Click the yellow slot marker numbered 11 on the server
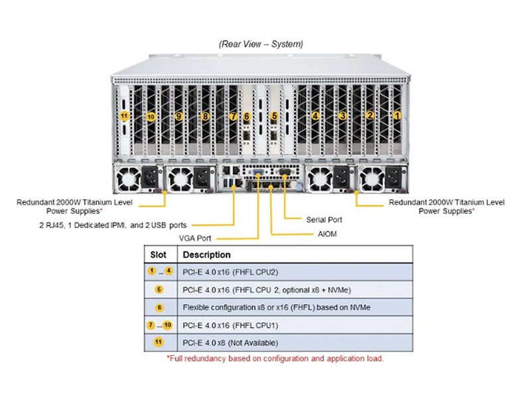pos(123,116)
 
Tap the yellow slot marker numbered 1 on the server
pos(398,115)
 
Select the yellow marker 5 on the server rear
pos(274,116)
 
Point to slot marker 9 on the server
pos(179,116)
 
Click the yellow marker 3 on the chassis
pos(342,116)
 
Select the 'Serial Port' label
pos(325,219)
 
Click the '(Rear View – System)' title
pos(261,44)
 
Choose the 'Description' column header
pos(206,255)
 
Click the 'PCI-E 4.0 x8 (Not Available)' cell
pos(230,342)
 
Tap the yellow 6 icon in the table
pos(159,307)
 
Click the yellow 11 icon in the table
pos(159,342)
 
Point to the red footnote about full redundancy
pos(275,358)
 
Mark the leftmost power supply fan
pos(127,179)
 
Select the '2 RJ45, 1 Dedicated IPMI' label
pos(112,224)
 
